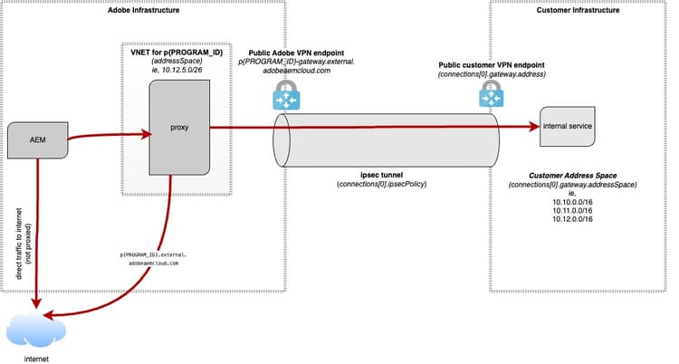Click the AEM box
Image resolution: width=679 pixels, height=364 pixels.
click(38, 139)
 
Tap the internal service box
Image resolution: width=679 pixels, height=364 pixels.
click(568, 126)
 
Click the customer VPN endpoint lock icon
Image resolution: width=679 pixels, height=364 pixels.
click(491, 91)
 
